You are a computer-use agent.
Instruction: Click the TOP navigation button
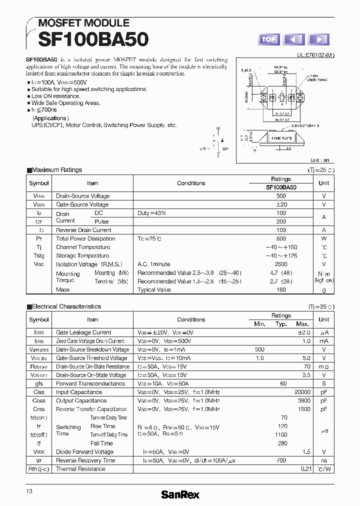(x=268, y=39)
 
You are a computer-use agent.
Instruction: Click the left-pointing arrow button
(x=293, y=39)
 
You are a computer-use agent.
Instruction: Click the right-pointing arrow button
(x=318, y=39)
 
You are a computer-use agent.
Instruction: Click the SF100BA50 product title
(x=87, y=39)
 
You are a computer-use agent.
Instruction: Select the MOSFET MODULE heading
(x=84, y=23)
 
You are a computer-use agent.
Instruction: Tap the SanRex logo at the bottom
(x=180, y=494)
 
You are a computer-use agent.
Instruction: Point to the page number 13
(x=29, y=491)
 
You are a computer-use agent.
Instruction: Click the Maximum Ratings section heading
(x=56, y=170)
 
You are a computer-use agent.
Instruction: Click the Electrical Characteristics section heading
(x=66, y=306)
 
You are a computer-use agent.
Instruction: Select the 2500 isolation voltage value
(x=281, y=264)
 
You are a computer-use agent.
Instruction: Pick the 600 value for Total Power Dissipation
(x=281, y=238)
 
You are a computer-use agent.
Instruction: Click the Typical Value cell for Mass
(x=154, y=289)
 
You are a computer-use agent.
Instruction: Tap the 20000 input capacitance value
(x=300, y=392)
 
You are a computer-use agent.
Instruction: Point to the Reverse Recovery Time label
(x=85, y=460)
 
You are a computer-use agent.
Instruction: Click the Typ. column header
(x=281, y=324)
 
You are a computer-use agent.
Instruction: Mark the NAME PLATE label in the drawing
(x=282, y=137)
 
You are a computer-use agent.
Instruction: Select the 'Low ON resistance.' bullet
(x=55, y=96)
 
